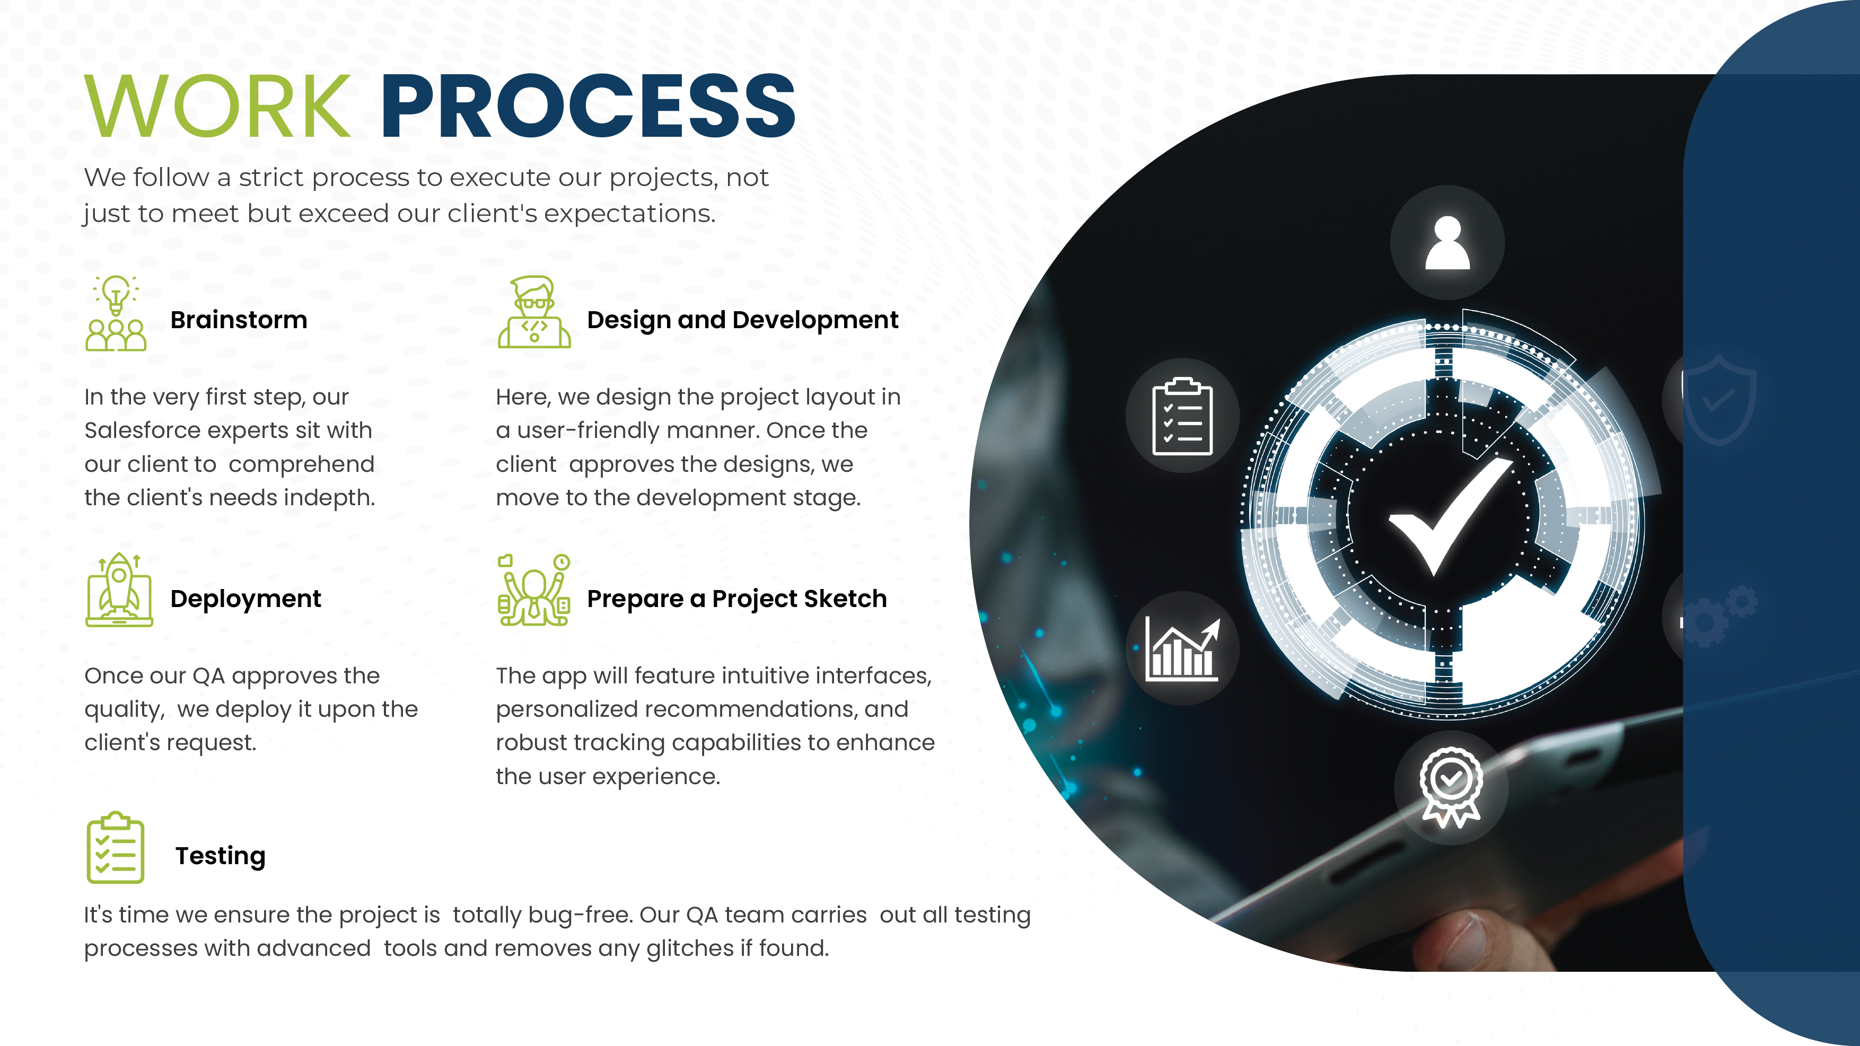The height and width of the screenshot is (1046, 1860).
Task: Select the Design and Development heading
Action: pos(742,320)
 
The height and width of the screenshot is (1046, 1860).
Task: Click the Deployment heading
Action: pos(245,599)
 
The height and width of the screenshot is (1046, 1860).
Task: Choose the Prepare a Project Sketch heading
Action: pos(736,599)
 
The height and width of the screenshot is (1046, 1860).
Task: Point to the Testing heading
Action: pos(220,856)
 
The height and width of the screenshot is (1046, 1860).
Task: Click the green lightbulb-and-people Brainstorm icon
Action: pos(116,313)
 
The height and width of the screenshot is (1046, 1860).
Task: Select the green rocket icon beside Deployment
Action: pos(119,590)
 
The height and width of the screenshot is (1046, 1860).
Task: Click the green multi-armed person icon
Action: pos(533,590)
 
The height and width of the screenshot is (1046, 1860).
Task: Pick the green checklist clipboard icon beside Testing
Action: pos(116,848)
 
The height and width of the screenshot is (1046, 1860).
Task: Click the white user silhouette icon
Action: pos(1447,243)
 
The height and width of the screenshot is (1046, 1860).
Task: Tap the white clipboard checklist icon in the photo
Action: pos(1182,417)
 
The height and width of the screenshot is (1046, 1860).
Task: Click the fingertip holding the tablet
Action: pos(1451,938)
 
